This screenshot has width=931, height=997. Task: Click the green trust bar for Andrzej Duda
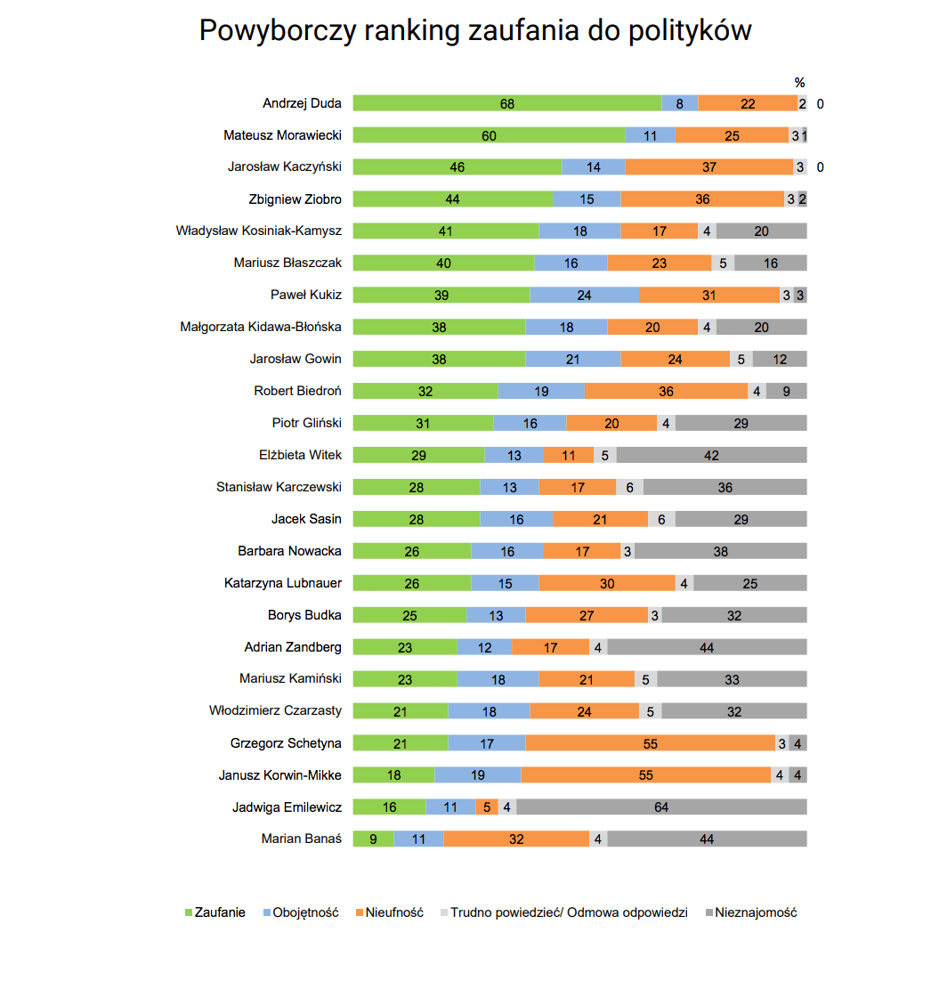pos(507,103)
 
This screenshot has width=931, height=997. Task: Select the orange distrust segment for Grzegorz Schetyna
pos(651,742)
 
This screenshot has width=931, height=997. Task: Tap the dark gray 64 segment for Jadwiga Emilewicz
pos(662,807)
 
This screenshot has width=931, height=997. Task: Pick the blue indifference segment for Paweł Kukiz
pos(585,295)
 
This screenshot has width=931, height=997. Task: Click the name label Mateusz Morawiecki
pos(282,135)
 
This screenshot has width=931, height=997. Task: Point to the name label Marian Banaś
pos(302,839)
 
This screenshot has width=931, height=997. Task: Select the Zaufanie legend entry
pos(215,912)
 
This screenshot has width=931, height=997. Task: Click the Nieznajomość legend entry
pos(751,912)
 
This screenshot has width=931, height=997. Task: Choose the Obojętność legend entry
pos(301,912)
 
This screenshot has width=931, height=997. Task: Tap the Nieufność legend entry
pos(390,912)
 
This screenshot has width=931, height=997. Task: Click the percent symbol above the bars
pos(800,83)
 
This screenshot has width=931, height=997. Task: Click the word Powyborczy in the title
pos(277,30)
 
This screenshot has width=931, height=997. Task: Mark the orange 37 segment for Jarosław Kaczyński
pos(709,166)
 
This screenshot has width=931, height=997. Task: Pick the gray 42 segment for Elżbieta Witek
pos(712,455)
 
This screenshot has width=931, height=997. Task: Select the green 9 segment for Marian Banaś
pos(374,839)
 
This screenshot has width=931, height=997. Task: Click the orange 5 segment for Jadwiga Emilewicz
pos(487,807)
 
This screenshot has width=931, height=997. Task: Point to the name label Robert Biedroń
pos(297,391)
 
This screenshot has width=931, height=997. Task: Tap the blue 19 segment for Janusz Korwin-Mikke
pos(478,774)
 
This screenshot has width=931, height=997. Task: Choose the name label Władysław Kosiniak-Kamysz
pos(259,231)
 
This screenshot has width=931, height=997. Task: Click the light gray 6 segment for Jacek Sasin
pos(662,519)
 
